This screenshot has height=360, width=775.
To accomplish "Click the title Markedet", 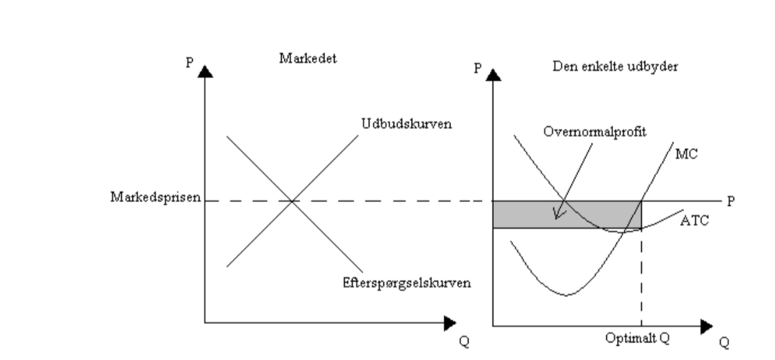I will pyautogui.click(x=307, y=58).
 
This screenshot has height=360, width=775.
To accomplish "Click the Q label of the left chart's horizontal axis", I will pyautogui.click(x=464, y=341).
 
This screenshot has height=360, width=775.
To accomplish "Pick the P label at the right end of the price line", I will pyautogui.click(x=732, y=200).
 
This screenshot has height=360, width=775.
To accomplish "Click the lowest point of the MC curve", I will pyautogui.click(x=566, y=294).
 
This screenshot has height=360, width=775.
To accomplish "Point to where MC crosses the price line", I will pyautogui.click(x=642, y=201).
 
